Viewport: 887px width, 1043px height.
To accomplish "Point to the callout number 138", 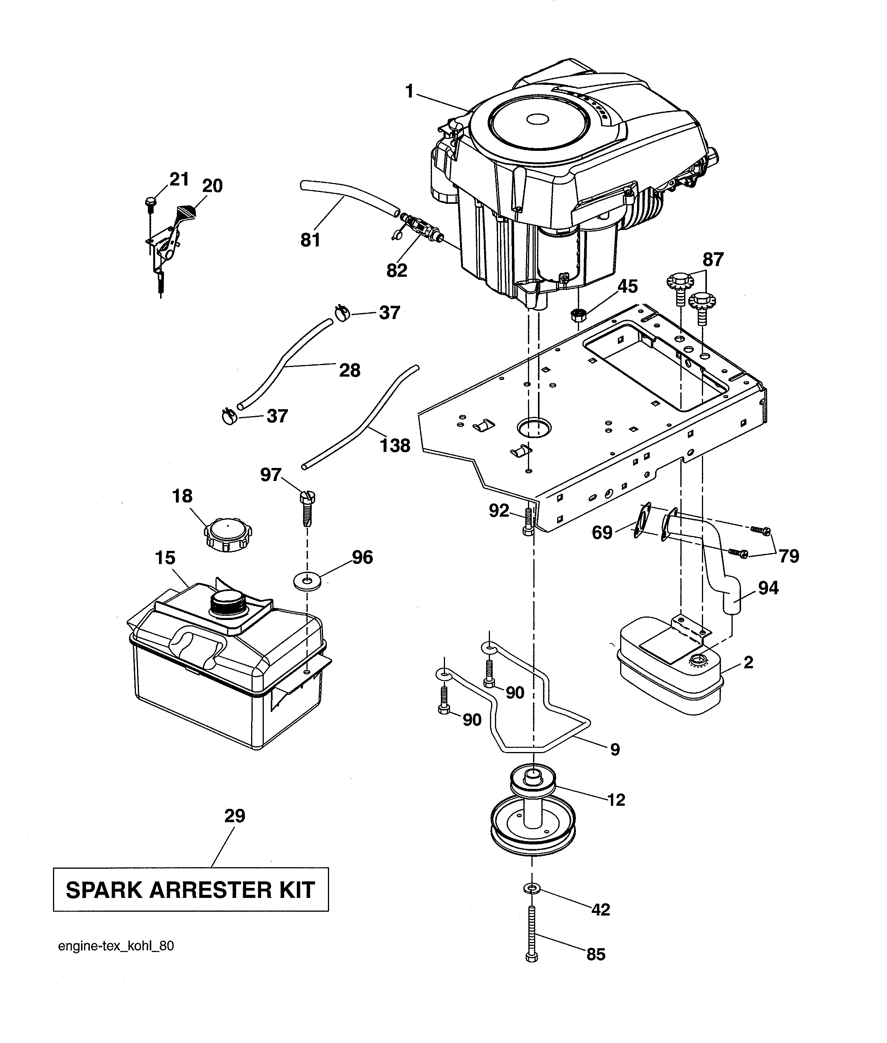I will (395, 445).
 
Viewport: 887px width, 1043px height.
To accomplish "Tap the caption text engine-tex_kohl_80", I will (116, 946).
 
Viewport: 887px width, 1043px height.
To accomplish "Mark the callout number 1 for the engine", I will (409, 91).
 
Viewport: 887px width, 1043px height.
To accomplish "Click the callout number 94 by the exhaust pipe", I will (768, 588).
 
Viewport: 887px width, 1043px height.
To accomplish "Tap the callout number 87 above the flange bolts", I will (713, 260).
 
